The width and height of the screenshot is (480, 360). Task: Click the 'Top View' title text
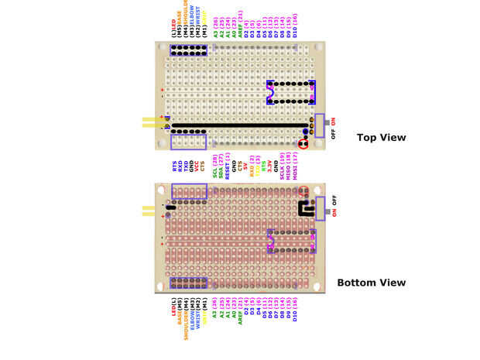[x=381, y=138]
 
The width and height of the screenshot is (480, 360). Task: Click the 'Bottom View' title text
[x=371, y=283]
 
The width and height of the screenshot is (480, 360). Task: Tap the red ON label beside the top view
[x=334, y=122]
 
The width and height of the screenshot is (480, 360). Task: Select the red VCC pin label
[x=196, y=166]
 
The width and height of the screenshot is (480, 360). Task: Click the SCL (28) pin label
[x=214, y=166]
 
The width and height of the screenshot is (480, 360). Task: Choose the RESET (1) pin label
[x=228, y=166]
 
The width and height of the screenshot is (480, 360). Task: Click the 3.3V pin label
[x=268, y=166]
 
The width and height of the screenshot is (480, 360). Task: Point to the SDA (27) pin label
[x=221, y=166]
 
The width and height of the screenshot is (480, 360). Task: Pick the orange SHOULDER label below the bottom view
[x=187, y=321]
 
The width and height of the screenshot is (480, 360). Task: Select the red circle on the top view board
[x=303, y=144]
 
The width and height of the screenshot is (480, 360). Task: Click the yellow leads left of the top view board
[x=150, y=123]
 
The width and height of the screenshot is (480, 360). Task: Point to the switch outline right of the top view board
[x=320, y=125]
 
